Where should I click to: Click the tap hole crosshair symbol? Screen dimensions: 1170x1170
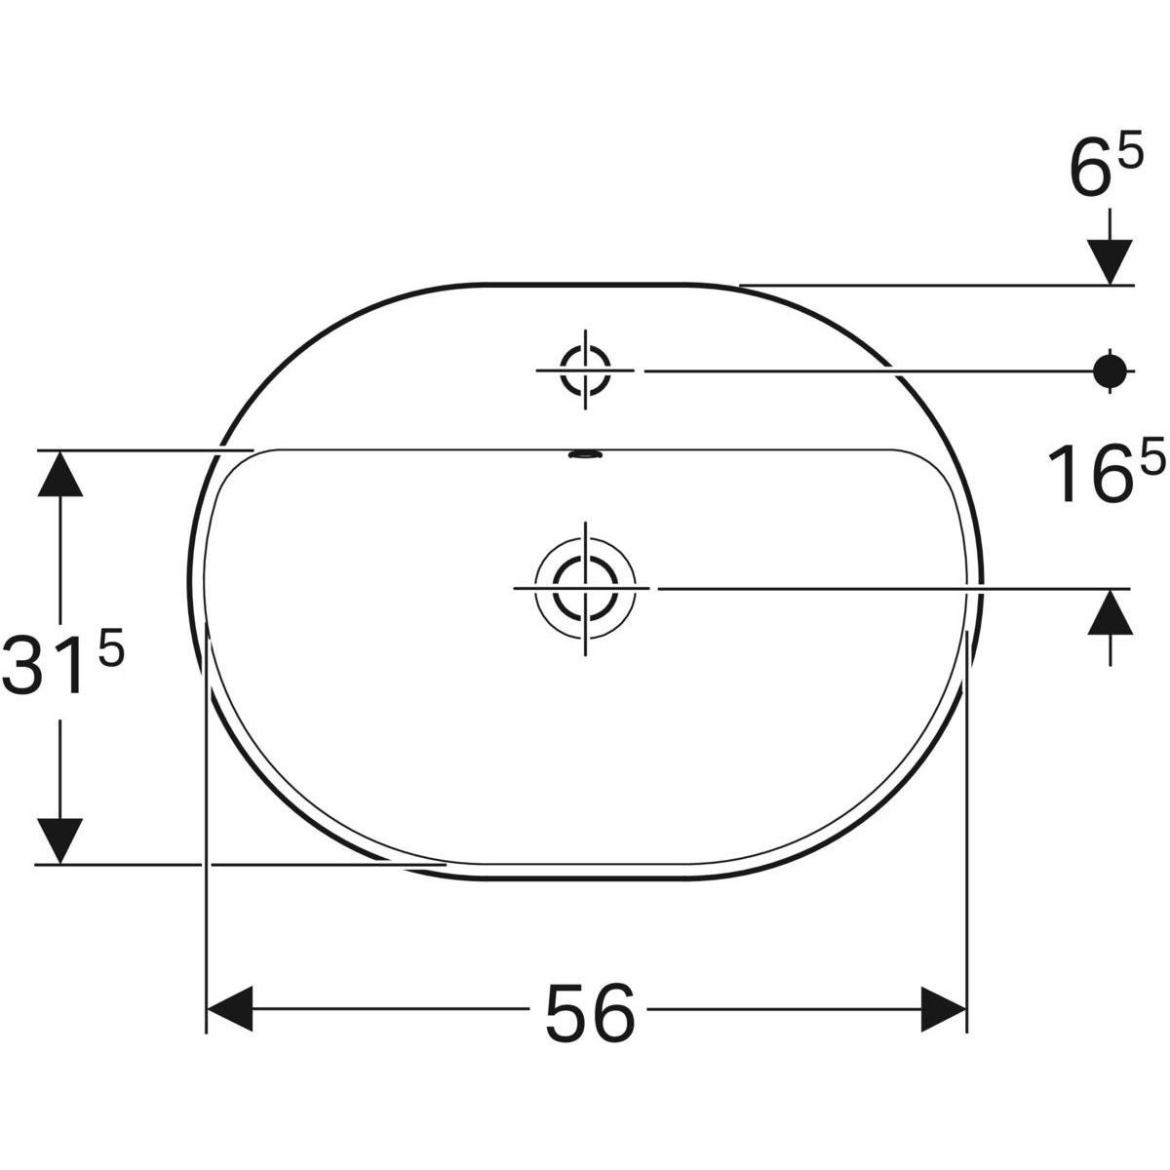point(585,370)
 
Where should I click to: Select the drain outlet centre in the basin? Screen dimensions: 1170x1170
point(585,588)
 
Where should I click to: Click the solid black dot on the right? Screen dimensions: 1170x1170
point(1110,370)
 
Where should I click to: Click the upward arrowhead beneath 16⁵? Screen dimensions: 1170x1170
point(1110,614)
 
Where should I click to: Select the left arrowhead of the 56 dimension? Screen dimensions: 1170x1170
point(230,1009)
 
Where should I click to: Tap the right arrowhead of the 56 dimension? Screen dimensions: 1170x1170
point(944,1009)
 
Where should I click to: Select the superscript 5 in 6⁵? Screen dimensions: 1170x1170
point(1129,156)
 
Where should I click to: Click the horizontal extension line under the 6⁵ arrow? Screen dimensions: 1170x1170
point(936,286)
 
